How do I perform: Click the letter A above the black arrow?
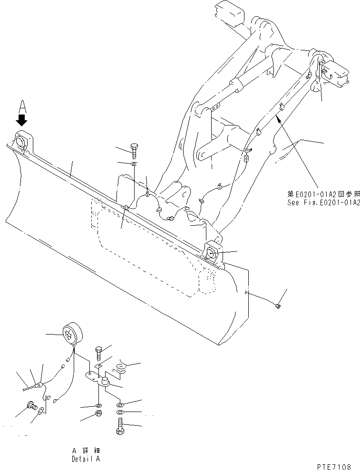click(x=22, y=104)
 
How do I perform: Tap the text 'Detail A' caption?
click(x=86, y=459)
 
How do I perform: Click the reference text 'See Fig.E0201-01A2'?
click(x=323, y=202)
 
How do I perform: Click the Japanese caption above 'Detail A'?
click(x=86, y=451)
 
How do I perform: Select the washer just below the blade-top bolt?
click(x=134, y=164)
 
